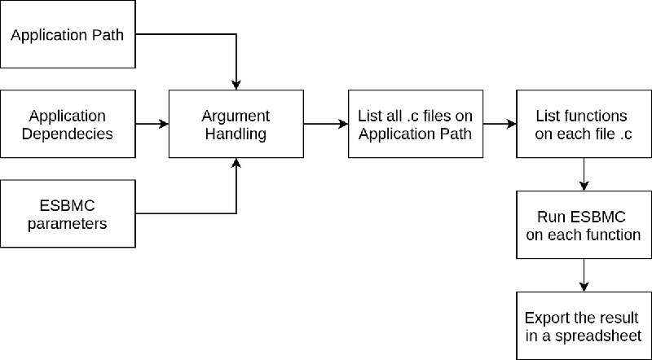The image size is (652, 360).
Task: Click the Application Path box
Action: click(x=68, y=34)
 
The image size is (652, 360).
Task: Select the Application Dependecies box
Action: click(x=68, y=124)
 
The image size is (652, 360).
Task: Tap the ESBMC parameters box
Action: click(x=68, y=213)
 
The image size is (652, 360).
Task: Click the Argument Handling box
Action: click(x=236, y=124)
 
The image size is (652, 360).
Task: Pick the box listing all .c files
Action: click(x=416, y=124)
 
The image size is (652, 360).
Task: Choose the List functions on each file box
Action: click(x=584, y=124)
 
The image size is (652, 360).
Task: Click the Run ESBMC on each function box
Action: click(x=584, y=225)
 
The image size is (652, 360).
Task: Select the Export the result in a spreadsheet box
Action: click(x=584, y=326)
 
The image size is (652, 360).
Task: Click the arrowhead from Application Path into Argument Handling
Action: click(x=236, y=85)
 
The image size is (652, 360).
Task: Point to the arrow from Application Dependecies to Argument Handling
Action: click(x=152, y=124)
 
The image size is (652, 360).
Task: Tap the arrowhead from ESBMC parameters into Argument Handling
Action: click(x=236, y=163)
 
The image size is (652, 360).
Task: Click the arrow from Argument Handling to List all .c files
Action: click(x=326, y=124)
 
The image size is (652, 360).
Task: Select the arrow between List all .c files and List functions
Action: click(x=500, y=124)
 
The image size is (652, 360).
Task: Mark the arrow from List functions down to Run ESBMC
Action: click(x=584, y=174)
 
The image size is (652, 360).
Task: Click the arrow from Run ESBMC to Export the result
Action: click(x=584, y=275)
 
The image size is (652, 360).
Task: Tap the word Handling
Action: click(x=236, y=134)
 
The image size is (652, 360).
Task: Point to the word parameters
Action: click(x=68, y=224)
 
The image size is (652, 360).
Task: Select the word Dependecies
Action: click(x=68, y=134)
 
